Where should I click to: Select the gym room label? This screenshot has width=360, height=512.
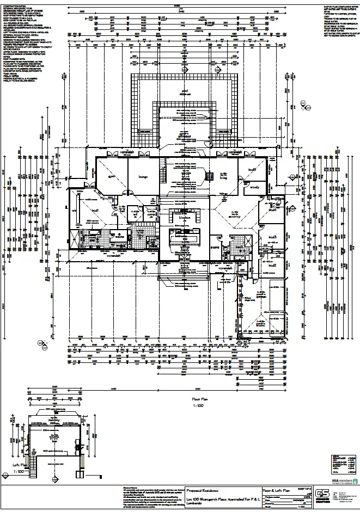click(x=109, y=176)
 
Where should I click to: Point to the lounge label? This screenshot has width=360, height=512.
click(x=143, y=176)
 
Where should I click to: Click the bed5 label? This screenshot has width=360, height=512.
click(x=252, y=170)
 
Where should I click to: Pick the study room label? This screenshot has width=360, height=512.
click(x=255, y=188)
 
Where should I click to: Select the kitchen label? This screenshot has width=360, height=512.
click(x=185, y=216)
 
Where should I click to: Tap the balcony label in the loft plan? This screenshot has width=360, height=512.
click(x=54, y=420)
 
